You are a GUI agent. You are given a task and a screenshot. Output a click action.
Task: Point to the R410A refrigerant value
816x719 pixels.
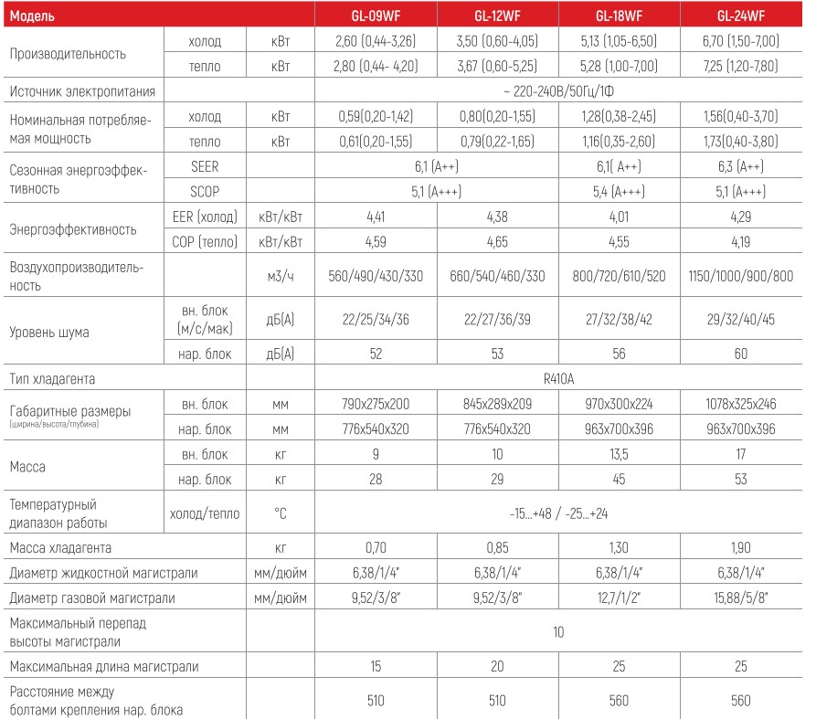(x=557, y=376)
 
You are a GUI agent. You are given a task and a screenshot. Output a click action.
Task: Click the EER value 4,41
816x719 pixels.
(x=376, y=219)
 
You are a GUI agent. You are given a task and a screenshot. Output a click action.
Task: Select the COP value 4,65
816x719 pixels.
(x=498, y=243)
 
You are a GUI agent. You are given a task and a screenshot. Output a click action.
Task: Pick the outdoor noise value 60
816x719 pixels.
(x=741, y=353)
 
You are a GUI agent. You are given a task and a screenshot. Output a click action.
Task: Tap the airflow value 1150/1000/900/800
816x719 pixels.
(x=741, y=277)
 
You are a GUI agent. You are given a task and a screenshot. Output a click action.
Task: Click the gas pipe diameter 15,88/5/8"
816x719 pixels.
(x=741, y=598)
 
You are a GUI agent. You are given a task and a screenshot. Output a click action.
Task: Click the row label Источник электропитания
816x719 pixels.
(x=81, y=91)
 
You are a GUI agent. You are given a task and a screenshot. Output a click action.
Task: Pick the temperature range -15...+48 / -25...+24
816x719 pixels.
(x=557, y=514)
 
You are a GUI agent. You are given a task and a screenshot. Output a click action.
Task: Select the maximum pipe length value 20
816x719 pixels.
(x=498, y=666)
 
